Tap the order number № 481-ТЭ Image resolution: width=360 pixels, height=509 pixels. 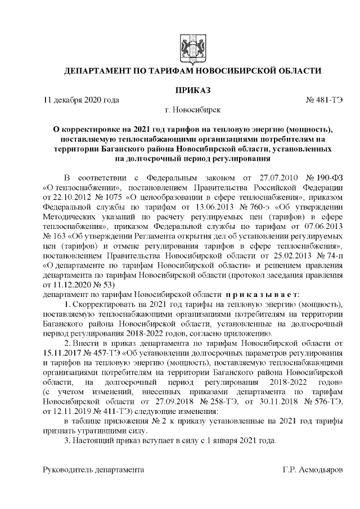[324, 101]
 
